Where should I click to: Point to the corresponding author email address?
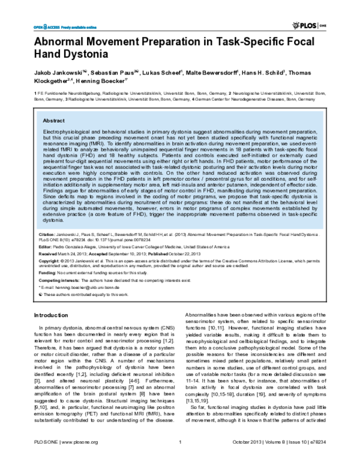pos(90,288)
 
